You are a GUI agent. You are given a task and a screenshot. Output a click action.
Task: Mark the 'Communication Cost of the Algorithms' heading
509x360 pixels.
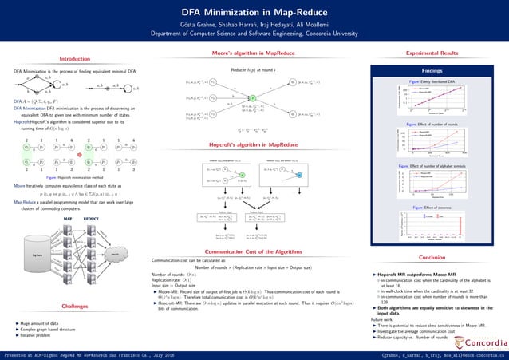coord(247,252)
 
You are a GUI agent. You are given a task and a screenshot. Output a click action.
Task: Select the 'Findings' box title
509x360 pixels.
coord(432,69)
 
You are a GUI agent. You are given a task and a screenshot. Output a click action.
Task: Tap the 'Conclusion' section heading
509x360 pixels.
coord(432,258)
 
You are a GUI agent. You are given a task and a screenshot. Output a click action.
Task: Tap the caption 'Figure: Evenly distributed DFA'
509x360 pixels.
coord(432,82)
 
